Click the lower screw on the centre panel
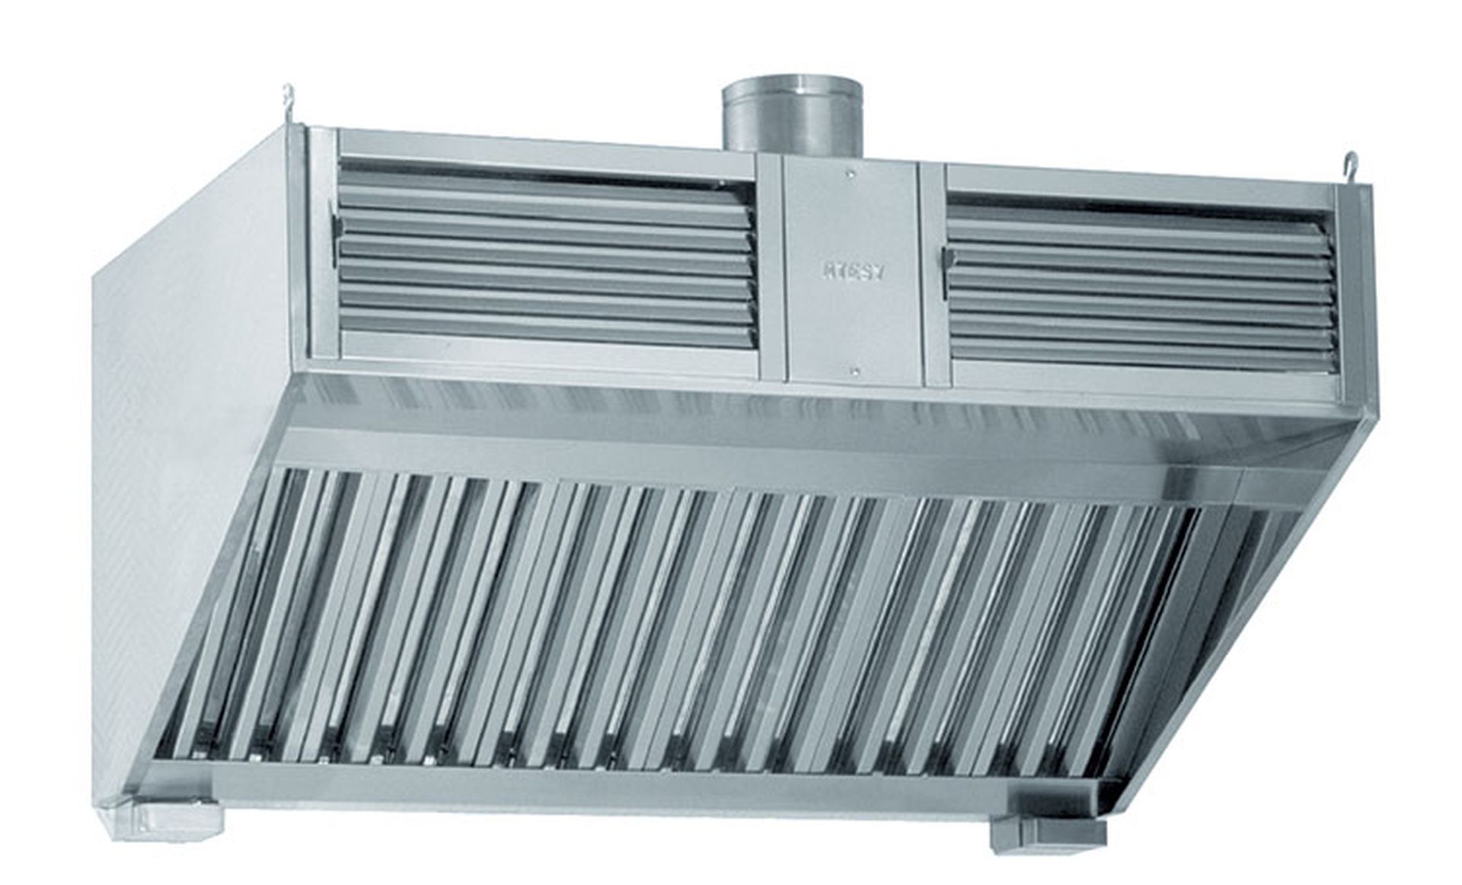(854, 372)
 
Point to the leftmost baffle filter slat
(228, 609)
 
